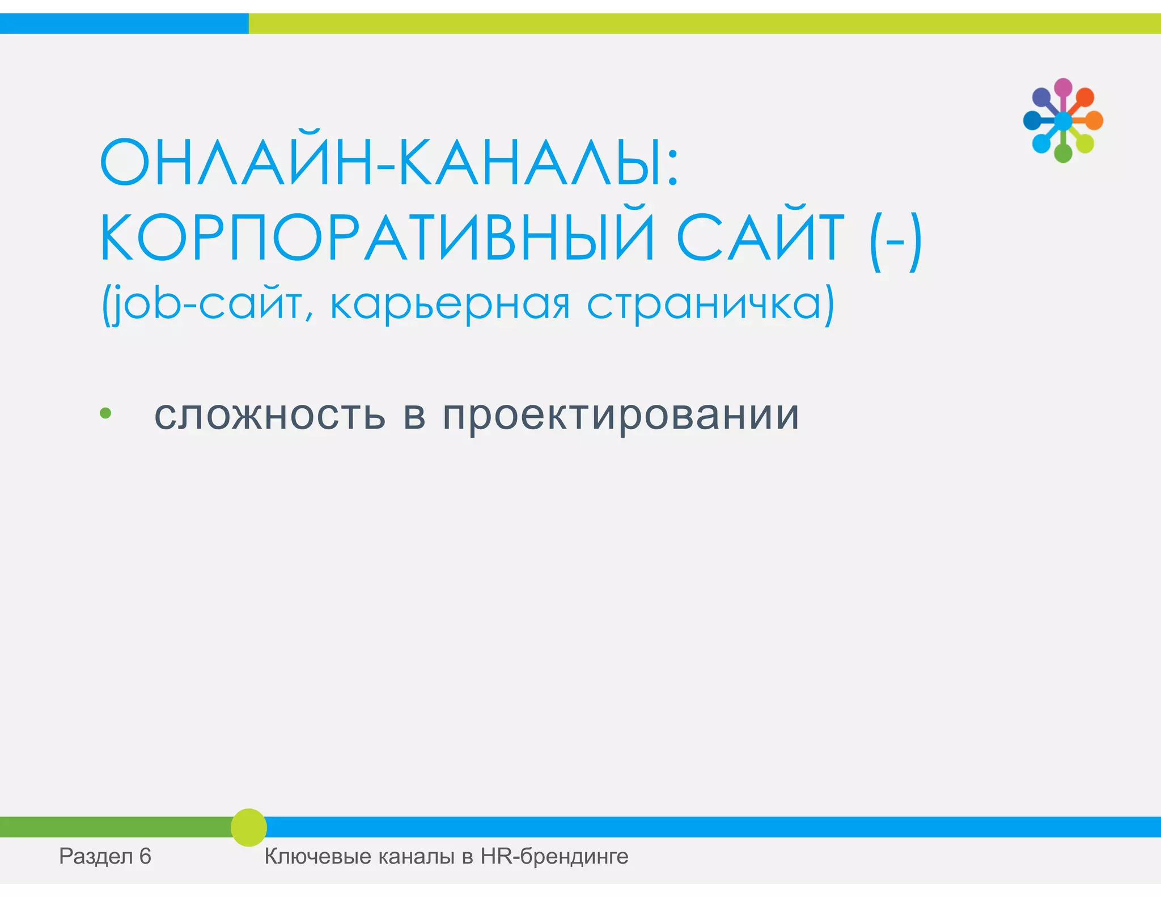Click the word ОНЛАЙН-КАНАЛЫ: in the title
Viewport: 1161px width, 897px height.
[389, 163]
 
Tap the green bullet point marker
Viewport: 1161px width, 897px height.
[105, 413]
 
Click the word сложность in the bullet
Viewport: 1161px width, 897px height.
[270, 414]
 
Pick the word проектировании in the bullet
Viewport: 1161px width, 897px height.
[621, 416]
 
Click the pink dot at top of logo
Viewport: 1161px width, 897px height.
[1063, 87]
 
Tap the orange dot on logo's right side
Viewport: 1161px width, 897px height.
[1094, 120]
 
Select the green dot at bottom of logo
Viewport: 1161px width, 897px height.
[1063, 153]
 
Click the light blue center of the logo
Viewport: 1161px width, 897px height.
[1063, 120]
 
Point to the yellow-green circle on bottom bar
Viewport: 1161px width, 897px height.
[249, 827]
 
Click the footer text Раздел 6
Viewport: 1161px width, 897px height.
[105, 856]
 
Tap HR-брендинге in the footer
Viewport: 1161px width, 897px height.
[554, 856]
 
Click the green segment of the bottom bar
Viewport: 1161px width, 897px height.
[113, 827]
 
